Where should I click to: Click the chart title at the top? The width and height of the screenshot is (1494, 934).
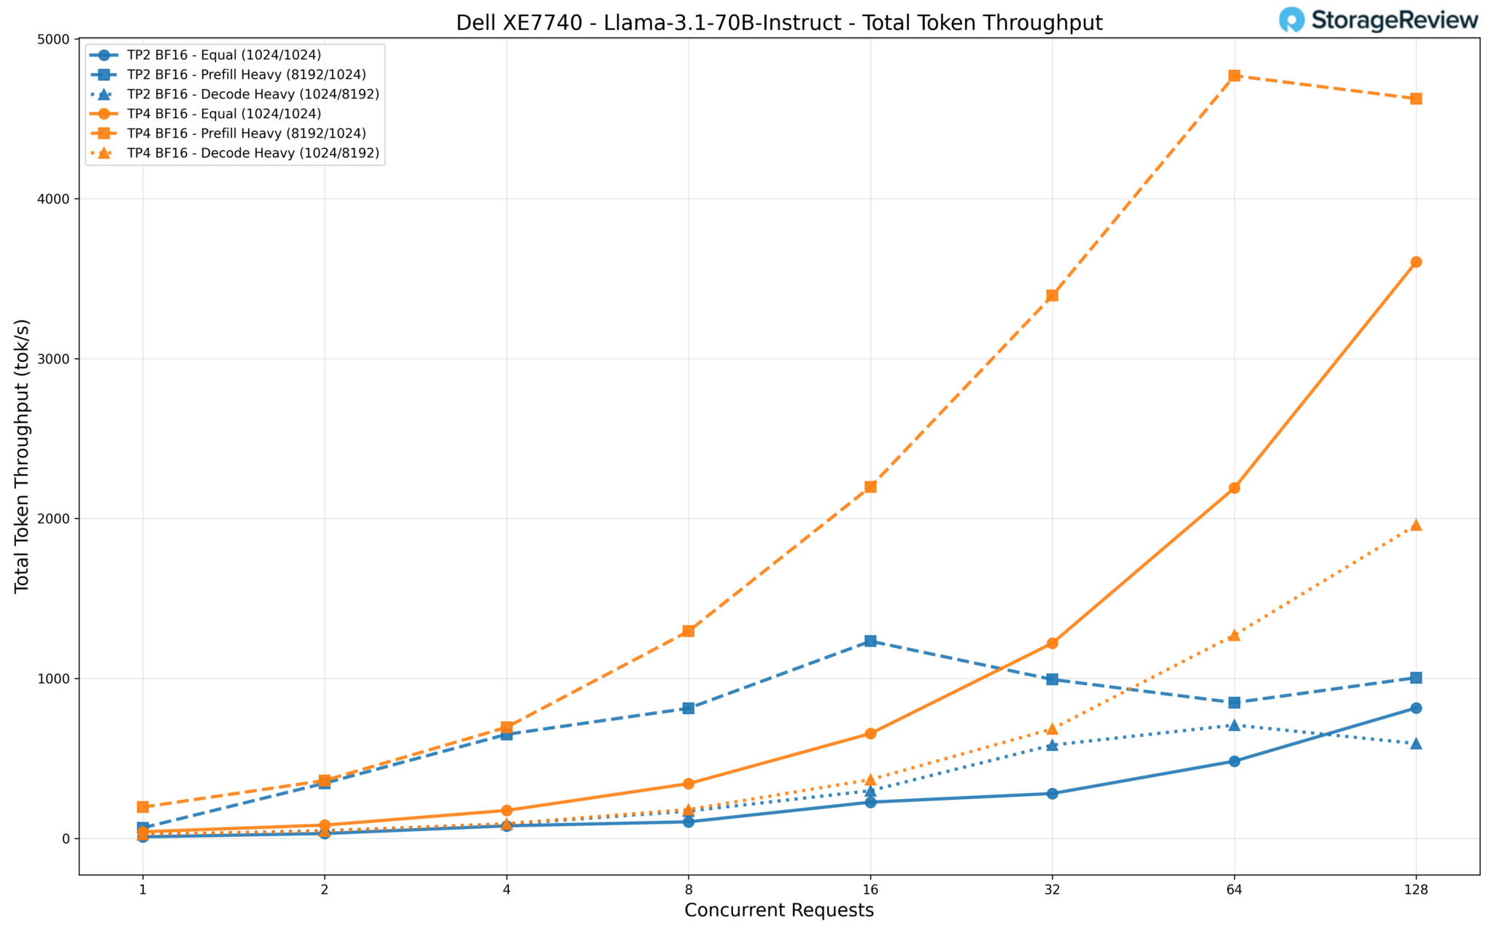[779, 23]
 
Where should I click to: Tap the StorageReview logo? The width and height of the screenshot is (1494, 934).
[1378, 20]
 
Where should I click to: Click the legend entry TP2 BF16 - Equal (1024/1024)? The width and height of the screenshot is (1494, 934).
[223, 55]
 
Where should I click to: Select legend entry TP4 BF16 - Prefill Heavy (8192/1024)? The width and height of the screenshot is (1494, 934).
[246, 134]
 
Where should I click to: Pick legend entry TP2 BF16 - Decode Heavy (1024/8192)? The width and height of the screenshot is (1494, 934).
[252, 94]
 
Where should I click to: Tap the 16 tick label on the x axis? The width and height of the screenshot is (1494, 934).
[870, 889]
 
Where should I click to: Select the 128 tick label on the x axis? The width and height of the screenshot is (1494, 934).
[1415, 889]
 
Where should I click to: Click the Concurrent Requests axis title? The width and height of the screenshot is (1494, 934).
[779, 911]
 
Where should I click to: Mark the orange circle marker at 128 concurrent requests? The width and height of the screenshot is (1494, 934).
[1416, 262]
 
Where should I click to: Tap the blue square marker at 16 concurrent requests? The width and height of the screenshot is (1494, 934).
[870, 641]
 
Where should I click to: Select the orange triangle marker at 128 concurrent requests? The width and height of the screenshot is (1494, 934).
[1416, 525]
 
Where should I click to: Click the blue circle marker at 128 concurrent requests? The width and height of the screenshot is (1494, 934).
[1416, 708]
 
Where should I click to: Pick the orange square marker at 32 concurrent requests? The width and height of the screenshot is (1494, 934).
[1052, 296]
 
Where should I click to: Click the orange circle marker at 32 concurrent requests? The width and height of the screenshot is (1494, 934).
[1052, 643]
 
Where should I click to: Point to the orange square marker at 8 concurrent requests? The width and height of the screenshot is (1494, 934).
[688, 631]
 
